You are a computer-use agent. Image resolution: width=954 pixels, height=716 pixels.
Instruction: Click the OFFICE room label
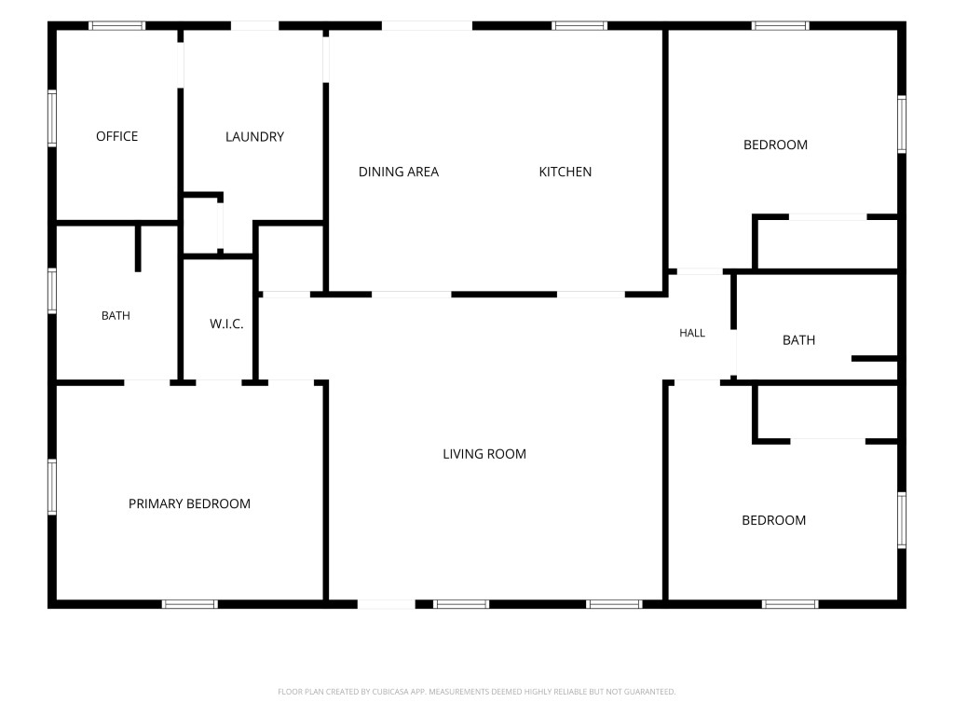(116, 136)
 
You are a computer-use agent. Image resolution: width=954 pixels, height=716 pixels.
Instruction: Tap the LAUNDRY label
(254, 137)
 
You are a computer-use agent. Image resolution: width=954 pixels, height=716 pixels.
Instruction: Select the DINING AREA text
(399, 172)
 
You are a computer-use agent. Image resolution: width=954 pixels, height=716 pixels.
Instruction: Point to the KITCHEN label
(566, 172)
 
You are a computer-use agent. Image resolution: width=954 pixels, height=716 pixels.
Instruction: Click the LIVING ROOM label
(484, 454)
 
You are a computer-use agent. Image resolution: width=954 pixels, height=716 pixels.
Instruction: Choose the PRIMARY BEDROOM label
(189, 503)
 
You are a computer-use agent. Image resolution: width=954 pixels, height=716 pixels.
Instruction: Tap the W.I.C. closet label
(226, 324)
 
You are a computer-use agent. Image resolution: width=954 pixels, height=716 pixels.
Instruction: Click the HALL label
(692, 333)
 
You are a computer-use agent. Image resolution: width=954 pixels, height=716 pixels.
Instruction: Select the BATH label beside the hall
(798, 340)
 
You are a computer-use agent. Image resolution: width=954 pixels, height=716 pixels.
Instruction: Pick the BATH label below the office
(116, 315)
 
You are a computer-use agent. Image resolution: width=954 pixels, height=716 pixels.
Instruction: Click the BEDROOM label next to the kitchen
(776, 145)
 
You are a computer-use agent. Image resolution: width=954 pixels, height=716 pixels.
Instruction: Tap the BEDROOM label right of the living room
(774, 520)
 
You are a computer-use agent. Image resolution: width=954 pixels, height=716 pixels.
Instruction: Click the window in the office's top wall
(116, 25)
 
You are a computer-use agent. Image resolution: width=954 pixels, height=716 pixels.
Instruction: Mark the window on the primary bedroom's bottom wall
(190, 604)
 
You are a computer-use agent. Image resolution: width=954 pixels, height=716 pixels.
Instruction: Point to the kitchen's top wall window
(579, 25)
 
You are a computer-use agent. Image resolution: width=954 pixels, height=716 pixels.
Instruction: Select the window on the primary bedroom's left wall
(52, 487)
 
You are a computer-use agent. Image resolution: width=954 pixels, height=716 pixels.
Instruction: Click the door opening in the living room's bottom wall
(387, 604)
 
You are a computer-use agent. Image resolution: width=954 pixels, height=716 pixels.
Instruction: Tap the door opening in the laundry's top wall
(255, 25)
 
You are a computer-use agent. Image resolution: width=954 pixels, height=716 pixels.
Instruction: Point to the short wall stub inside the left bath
(138, 248)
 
